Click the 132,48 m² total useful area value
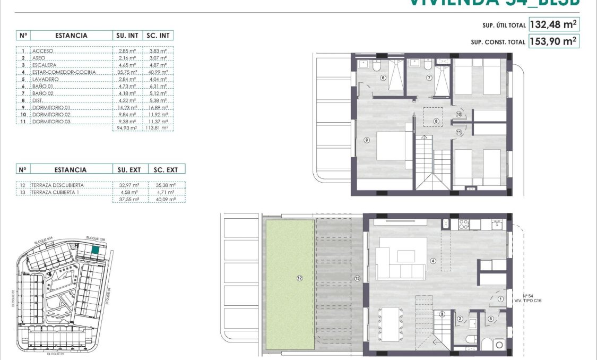(553, 24)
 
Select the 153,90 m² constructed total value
(553, 41)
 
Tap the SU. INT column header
(127, 36)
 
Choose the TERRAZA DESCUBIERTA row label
(58, 185)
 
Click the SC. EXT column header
(167, 170)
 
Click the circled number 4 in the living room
(433, 261)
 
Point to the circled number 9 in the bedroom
(366, 140)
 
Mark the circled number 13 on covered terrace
(357, 278)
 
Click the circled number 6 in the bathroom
(383, 78)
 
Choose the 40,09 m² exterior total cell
(167, 199)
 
